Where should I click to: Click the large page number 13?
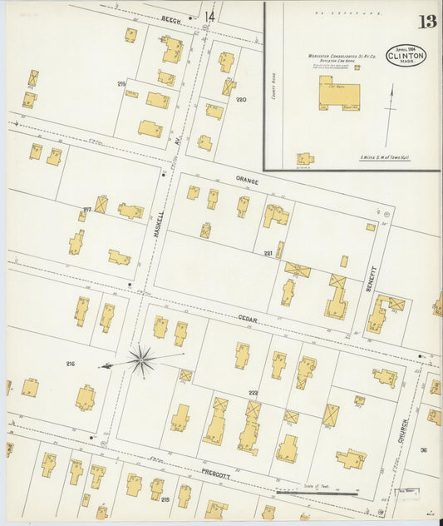pyautogui.click(x=426, y=21)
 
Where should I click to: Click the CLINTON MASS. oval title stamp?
pyautogui.click(x=406, y=56)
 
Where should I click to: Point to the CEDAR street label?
pyautogui.click(x=249, y=319)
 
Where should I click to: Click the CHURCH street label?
pyautogui.click(x=404, y=430)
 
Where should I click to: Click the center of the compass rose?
pyautogui.click(x=141, y=360)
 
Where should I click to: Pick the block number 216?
pyautogui.click(x=70, y=364)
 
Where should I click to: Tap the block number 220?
pyautogui.click(x=241, y=100)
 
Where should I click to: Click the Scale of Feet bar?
pyautogui.click(x=316, y=493)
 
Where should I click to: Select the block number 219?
pyautogui.click(x=121, y=84)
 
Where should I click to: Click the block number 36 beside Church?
pyautogui.click(x=423, y=449)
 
